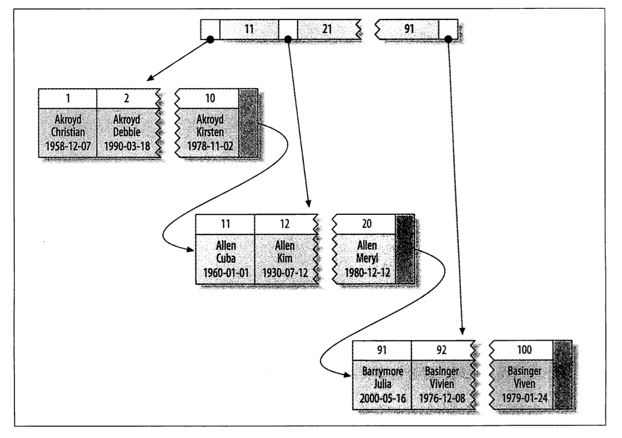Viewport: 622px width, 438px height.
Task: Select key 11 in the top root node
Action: click(x=249, y=28)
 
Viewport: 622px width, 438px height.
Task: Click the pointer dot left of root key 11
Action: click(x=210, y=39)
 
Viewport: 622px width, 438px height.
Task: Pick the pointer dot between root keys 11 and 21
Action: click(x=288, y=39)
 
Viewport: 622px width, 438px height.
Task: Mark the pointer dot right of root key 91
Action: click(x=448, y=39)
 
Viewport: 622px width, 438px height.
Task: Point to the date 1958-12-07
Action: click(x=67, y=147)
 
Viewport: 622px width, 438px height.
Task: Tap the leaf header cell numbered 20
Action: click(x=364, y=225)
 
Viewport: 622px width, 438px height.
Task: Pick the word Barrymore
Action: click(x=382, y=371)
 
